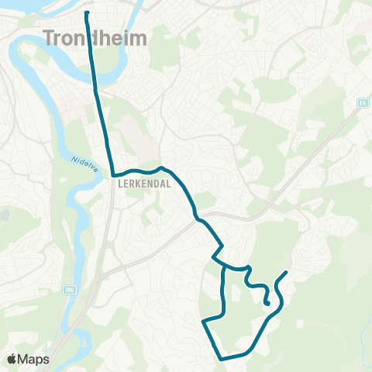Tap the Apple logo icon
(13, 359)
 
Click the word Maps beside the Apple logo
(35, 359)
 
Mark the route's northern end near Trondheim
(86, 13)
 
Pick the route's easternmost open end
(288, 272)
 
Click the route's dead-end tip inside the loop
(267, 304)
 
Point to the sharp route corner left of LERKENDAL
(113, 175)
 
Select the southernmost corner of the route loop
(221, 359)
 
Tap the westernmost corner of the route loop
(204, 321)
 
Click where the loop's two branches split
(223, 267)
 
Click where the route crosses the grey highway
(203, 222)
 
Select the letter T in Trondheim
(51, 36)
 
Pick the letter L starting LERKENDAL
(121, 185)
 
